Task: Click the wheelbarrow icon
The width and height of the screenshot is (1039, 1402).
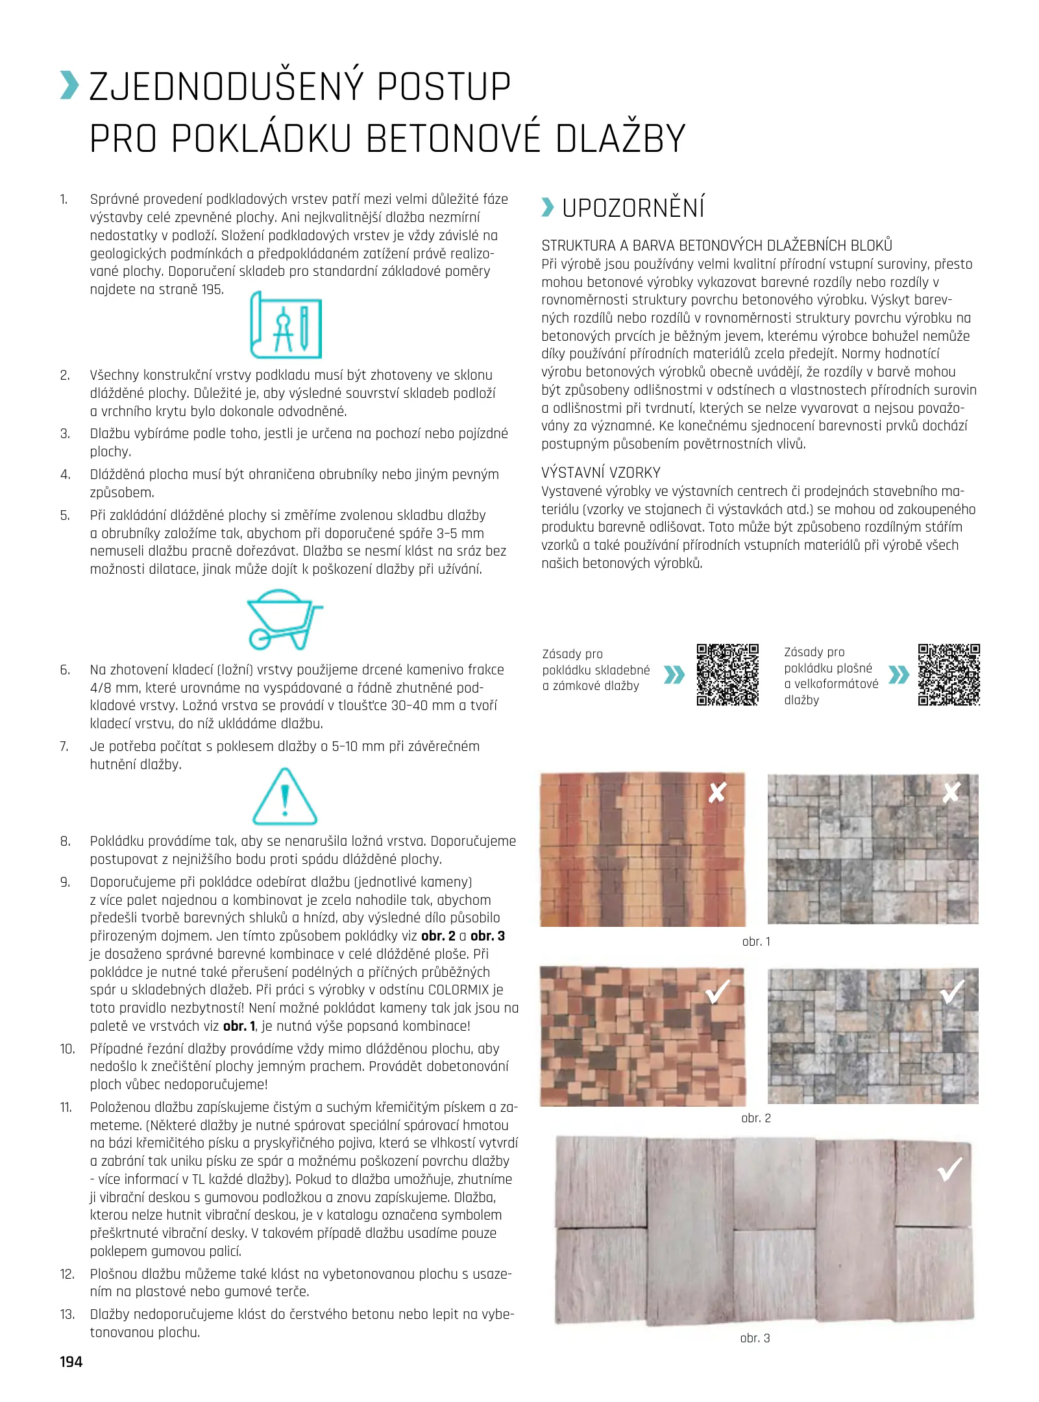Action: (x=284, y=619)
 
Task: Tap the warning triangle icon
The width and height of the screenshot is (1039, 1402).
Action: (x=284, y=796)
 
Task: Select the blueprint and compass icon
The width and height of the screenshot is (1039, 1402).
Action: (x=286, y=325)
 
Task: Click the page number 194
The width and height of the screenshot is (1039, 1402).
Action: (x=71, y=1362)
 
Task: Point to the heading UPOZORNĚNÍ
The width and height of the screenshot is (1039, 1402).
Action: (x=633, y=208)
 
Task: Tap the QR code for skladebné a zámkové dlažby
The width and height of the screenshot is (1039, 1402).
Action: (x=727, y=674)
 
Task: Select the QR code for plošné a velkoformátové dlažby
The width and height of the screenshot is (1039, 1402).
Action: (x=949, y=674)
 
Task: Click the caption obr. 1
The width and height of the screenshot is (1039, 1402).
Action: (x=756, y=941)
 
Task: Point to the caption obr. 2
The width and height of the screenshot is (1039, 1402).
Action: (x=756, y=1118)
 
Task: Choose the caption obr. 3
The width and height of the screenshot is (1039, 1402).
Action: (x=755, y=1338)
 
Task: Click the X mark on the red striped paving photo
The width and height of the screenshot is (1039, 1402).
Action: (x=716, y=793)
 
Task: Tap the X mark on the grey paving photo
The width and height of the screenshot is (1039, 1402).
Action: (x=951, y=792)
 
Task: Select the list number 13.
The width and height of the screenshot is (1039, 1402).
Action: (x=67, y=1314)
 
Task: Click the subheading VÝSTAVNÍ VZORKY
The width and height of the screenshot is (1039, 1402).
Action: (x=601, y=473)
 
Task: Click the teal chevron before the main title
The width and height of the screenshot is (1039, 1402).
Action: (x=69, y=86)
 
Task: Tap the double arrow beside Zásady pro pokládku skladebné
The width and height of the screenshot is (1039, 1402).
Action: (x=674, y=675)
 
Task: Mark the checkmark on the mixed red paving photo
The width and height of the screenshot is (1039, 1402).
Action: (x=718, y=991)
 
